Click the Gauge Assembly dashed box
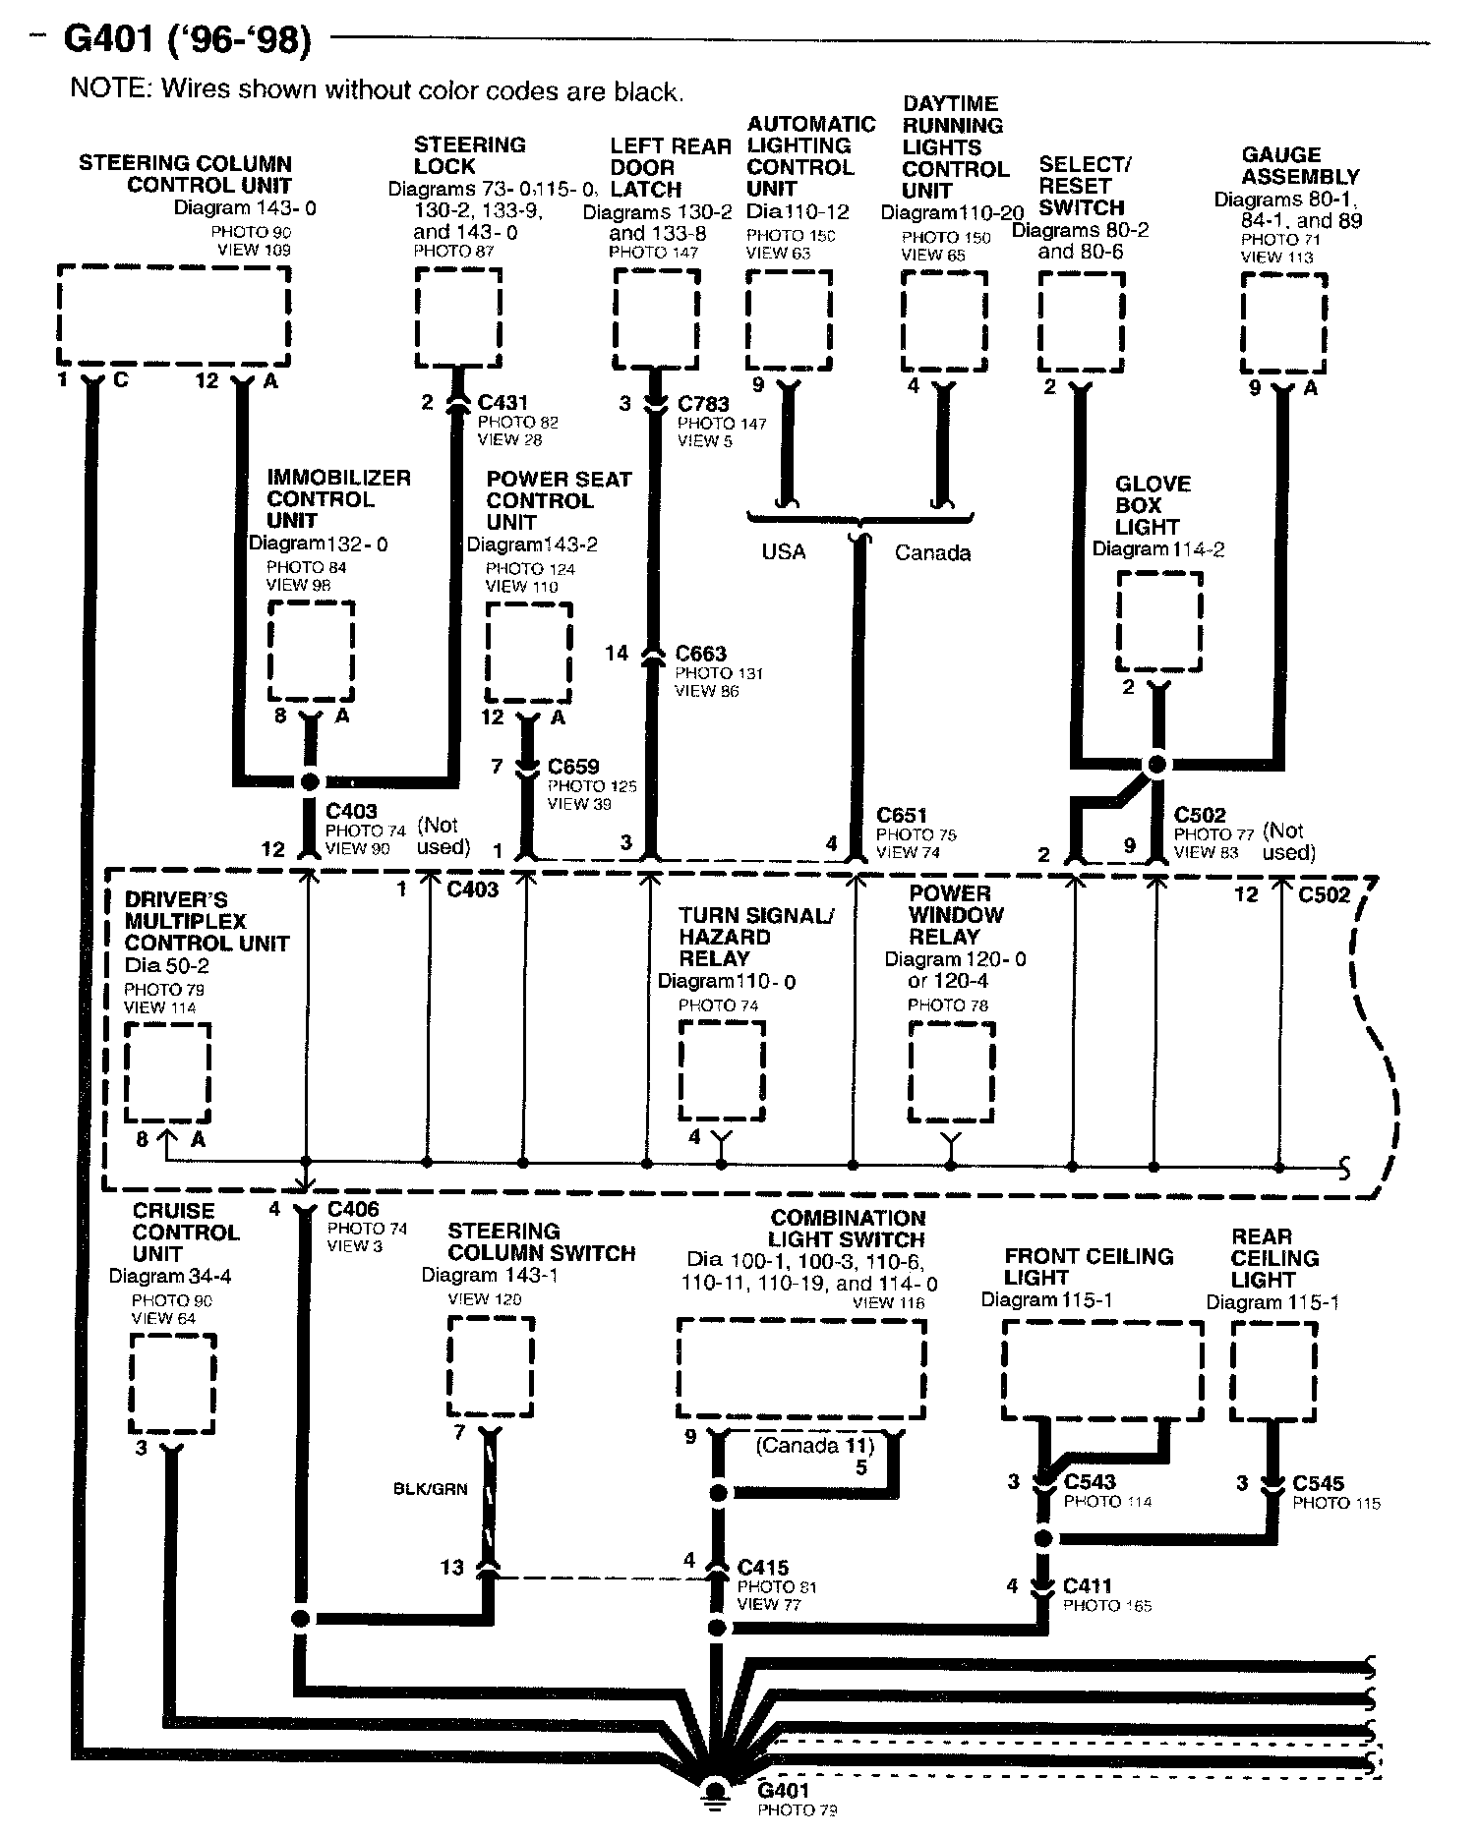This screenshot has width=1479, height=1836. point(1283,322)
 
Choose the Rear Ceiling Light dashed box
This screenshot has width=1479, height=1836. point(1274,1371)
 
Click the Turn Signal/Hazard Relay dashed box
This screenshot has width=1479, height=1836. point(722,1071)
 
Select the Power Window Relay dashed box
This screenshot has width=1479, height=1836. point(951,1072)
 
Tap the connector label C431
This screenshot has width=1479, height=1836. point(503,402)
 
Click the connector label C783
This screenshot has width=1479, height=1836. point(703,403)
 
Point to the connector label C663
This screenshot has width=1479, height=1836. point(701,654)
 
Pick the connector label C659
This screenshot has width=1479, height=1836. point(573,767)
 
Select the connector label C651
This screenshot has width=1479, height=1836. point(902,816)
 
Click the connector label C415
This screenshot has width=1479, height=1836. point(763,1568)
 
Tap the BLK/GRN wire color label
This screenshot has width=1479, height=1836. point(430,1489)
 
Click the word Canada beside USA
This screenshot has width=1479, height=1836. point(932,552)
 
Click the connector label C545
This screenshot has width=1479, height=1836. point(1319,1483)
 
